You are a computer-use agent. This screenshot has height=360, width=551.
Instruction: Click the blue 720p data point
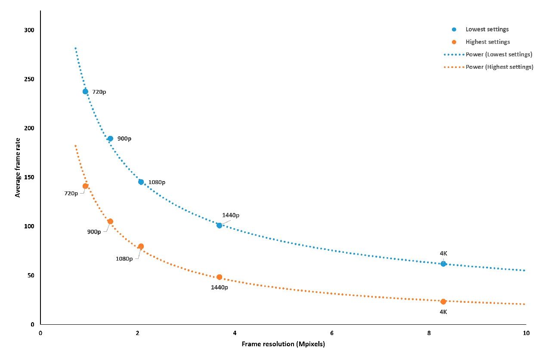pyautogui.click(x=85, y=91)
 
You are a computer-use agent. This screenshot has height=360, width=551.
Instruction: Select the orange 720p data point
pyautogui.click(x=85, y=186)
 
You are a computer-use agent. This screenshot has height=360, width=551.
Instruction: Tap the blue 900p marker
pyautogui.click(x=110, y=138)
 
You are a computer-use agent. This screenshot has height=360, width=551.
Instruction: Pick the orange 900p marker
pyautogui.click(x=110, y=222)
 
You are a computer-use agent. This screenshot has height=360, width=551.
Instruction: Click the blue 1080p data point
pyautogui.click(x=141, y=182)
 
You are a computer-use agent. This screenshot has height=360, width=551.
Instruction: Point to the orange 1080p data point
pyautogui.click(x=141, y=246)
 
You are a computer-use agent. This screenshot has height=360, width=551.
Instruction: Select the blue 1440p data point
pyautogui.click(x=219, y=225)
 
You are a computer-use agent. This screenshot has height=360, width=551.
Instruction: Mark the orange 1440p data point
pyautogui.click(x=219, y=277)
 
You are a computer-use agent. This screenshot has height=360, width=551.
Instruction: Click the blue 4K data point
pyautogui.click(x=443, y=264)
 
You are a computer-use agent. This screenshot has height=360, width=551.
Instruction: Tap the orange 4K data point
pyautogui.click(x=443, y=302)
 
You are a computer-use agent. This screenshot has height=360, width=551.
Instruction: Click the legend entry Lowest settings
pyautogui.click(x=487, y=29)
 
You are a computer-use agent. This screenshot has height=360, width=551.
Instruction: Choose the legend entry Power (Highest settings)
pyautogui.click(x=499, y=67)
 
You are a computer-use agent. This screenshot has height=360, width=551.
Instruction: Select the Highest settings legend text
pyautogui.click(x=488, y=42)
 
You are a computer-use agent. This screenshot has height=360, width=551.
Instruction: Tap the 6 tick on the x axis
pyautogui.click(x=332, y=333)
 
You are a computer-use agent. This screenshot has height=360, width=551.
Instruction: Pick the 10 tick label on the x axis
pyautogui.click(x=526, y=333)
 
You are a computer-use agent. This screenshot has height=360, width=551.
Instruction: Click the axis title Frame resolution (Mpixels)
pyautogui.click(x=283, y=344)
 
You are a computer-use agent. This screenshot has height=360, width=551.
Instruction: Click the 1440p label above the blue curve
pyautogui.click(x=231, y=215)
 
